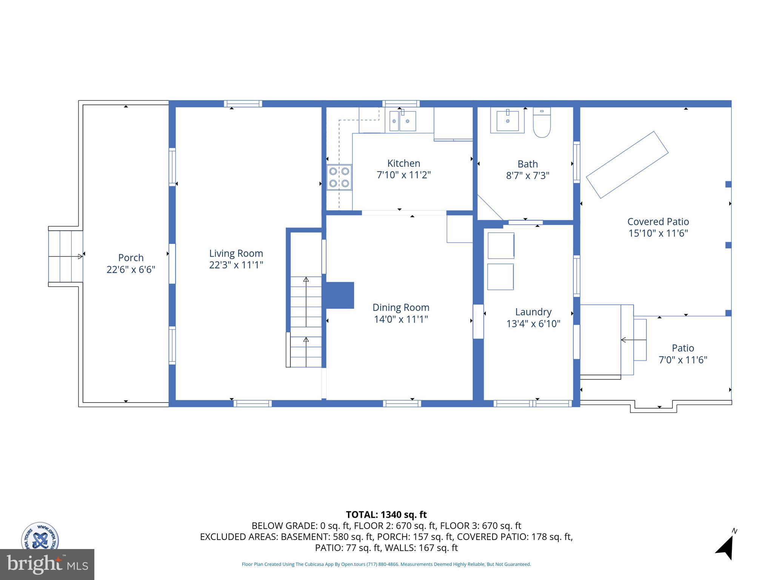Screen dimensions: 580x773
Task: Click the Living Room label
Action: [236, 253]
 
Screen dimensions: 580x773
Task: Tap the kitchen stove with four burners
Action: [339, 177]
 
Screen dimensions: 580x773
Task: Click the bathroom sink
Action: [507, 120]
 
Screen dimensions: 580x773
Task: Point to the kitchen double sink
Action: [402, 121]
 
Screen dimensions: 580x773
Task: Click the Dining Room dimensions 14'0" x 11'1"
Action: [401, 319]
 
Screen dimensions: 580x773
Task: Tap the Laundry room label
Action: [533, 312]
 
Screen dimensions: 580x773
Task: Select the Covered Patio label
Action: [658, 222]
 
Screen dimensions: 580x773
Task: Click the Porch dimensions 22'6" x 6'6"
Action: [131, 270]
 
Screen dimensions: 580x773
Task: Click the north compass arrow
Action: [726, 548]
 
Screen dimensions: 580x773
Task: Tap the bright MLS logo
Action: [47, 564]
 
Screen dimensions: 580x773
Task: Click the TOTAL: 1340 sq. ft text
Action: [386, 515]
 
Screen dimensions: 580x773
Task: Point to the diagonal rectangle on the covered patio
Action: [627, 165]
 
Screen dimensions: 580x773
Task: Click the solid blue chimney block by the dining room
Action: [340, 295]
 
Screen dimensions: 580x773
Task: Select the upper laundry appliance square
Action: [501, 245]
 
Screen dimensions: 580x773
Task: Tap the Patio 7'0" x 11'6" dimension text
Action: [682, 360]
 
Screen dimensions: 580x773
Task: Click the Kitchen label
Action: [403, 163]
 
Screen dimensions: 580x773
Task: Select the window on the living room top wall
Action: [243, 103]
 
